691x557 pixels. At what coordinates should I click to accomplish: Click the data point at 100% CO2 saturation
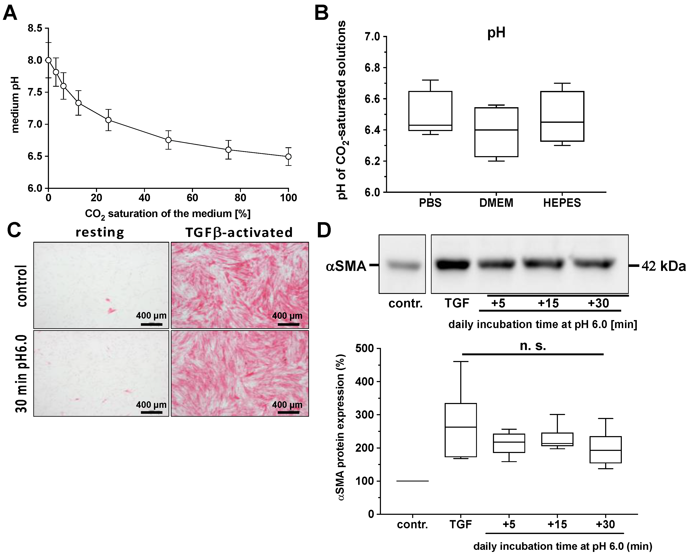(x=288, y=157)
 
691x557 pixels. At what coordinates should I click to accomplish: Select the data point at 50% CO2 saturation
(x=168, y=140)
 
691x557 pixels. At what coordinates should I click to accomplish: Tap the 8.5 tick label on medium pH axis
(x=35, y=28)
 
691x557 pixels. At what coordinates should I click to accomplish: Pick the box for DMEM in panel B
(x=496, y=132)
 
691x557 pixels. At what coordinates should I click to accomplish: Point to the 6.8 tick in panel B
(x=372, y=68)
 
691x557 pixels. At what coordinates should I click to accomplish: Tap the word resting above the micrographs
(x=100, y=232)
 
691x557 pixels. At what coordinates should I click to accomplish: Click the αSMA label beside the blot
(x=346, y=266)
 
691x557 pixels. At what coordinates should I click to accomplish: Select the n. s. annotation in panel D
(x=533, y=346)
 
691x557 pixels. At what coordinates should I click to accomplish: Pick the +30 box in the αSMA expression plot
(x=605, y=450)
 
